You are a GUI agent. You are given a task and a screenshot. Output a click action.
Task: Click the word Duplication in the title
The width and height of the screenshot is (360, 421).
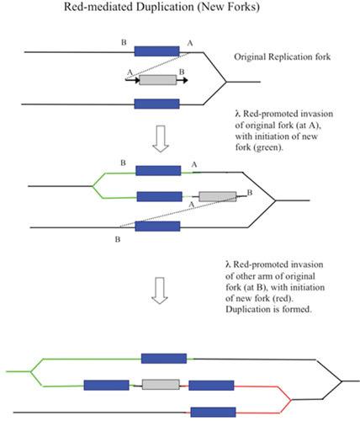[165, 7]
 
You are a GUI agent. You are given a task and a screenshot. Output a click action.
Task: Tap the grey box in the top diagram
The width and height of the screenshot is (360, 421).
[158, 80]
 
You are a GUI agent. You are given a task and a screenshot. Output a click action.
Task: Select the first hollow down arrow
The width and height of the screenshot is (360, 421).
[161, 139]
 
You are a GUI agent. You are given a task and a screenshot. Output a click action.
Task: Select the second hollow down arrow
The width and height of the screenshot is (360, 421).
[160, 290]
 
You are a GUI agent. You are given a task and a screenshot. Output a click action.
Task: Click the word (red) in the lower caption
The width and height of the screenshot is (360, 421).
[283, 298]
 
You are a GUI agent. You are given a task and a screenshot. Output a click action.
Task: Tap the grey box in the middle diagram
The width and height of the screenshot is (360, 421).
[218, 197]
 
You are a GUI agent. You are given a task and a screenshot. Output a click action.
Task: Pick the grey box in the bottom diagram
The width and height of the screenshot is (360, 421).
[161, 385]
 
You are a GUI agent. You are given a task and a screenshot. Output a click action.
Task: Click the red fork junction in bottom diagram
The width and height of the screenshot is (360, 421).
[291, 400]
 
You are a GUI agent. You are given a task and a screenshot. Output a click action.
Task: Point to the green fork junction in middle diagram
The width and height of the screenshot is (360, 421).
[93, 186]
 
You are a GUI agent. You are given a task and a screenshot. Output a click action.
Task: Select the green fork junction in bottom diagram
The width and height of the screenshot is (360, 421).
[30, 371]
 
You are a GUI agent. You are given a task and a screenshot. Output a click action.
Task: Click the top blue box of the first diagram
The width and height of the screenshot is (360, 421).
[156, 51]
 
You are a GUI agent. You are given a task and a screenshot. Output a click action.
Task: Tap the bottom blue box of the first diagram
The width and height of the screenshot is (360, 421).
[156, 104]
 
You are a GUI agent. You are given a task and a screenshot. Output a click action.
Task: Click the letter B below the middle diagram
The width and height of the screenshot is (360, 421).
[118, 239]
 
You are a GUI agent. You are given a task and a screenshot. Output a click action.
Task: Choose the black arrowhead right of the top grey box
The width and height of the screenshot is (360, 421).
[184, 80]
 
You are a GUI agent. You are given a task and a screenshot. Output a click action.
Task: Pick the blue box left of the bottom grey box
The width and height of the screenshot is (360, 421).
[107, 385]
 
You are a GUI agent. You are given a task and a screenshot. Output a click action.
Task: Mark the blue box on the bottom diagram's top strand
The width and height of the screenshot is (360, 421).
[164, 359]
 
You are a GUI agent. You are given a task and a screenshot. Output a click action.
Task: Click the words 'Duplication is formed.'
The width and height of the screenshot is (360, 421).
[268, 309]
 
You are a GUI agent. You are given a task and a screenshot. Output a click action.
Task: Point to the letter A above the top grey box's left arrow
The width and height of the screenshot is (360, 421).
[130, 72]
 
